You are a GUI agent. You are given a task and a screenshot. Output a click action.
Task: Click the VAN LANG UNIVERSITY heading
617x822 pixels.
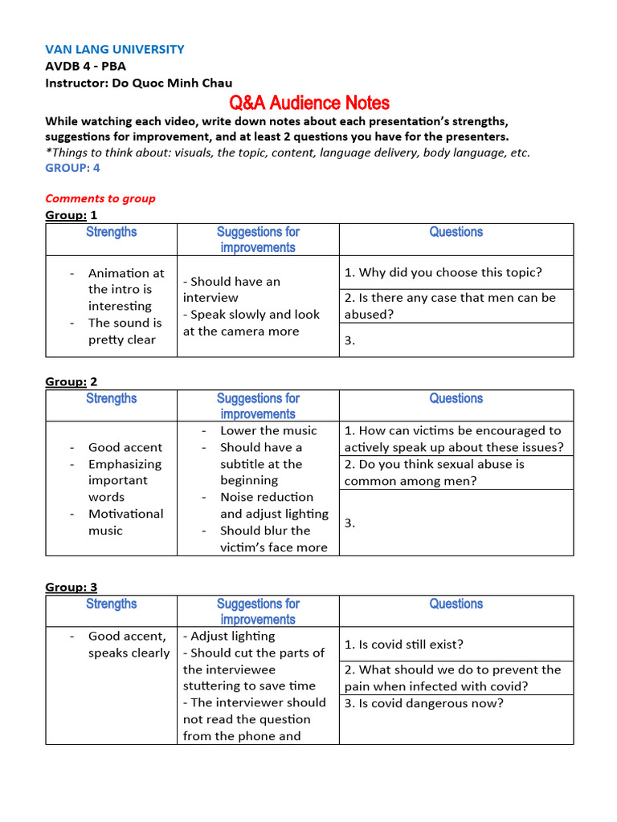[x=115, y=49]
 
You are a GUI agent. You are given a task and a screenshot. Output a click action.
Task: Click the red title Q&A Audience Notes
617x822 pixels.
[x=309, y=103]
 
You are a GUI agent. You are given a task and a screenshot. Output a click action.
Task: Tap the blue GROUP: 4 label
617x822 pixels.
[x=72, y=168]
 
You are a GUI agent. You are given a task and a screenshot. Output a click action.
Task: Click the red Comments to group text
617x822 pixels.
[x=100, y=198]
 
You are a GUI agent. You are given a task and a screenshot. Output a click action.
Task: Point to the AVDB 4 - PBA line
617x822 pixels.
[x=85, y=66]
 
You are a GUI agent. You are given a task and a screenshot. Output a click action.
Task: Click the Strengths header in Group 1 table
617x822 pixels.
[x=112, y=232]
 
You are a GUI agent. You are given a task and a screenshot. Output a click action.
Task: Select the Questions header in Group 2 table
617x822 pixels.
[x=456, y=398]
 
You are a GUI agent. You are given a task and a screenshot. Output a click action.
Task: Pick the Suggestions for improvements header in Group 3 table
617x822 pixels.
[x=258, y=611]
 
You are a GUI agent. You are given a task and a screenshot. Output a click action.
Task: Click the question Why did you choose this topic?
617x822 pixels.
[x=443, y=273]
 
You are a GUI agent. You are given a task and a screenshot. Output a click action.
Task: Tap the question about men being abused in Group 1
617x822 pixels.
[x=450, y=306]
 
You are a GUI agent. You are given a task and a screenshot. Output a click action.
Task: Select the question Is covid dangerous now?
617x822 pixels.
[x=424, y=704]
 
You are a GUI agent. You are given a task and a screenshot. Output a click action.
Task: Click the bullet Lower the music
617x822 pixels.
[x=268, y=430]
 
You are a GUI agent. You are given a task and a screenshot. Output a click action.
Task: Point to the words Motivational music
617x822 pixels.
[x=125, y=522]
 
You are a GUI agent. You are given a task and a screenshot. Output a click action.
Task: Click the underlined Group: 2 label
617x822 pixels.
[x=71, y=381]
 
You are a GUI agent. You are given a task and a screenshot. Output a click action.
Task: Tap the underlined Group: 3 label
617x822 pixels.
[x=71, y=587]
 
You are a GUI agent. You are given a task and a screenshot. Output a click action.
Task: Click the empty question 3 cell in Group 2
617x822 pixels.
[x=456, y=523]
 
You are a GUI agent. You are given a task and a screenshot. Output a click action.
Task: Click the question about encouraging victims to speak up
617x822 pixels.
[x=454, y=439]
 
